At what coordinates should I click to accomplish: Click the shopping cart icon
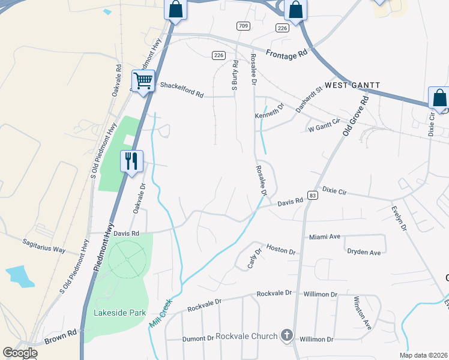[143, 80]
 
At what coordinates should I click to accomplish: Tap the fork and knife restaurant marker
[131, 161]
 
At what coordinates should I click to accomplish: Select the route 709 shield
[243, 26]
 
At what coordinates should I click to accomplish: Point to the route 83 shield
[312, 196]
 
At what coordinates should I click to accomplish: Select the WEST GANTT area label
[352, 86]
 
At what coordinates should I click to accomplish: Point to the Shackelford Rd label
[182, 86]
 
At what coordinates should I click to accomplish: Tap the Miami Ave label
[325, 237]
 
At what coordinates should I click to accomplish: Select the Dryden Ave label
[364, 252]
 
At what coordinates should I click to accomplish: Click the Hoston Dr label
[281, 248]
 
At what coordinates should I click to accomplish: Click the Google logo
[20, 353]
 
